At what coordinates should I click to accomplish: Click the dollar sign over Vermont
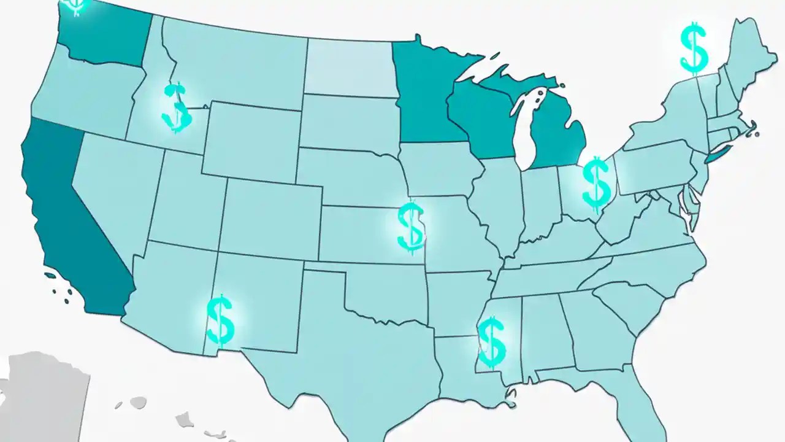click(694, 47)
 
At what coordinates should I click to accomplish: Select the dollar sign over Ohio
click(595, 182)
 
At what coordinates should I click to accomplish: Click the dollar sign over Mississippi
click(491, 342)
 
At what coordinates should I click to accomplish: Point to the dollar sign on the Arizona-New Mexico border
click(220, 320)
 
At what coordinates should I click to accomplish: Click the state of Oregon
click(80, 92)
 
